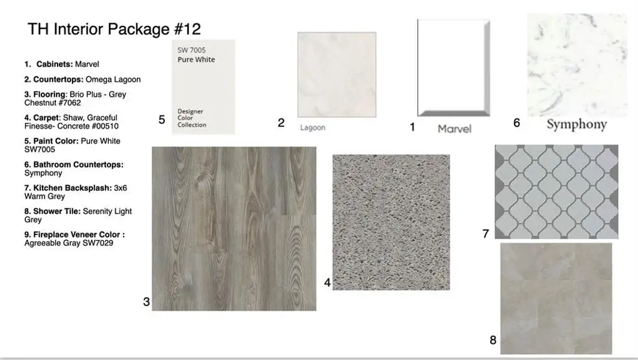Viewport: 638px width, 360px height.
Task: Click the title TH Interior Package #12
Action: coord(114,29)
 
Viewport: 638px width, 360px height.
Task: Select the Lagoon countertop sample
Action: coord(337,74)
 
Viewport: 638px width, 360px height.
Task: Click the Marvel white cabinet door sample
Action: coord(454,68)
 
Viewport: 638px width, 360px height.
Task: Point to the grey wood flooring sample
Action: coord(234,229)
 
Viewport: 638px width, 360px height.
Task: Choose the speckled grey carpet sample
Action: coord(391,222)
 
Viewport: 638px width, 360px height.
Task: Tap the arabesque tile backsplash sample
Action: coord(556,191)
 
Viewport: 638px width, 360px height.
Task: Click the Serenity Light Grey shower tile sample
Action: coord(556,298)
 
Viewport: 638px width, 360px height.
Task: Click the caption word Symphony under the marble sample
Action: coord(576,124)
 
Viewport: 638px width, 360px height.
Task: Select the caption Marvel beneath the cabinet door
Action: coord(454,128)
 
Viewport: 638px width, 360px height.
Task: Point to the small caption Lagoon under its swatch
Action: coord(313,128)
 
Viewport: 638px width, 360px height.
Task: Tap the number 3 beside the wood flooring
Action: coord(146,302)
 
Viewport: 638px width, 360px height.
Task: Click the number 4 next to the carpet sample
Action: coord(327,282)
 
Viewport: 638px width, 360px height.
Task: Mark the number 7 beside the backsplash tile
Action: coord(486,234)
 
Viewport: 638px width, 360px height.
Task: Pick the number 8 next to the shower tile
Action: coord(493,340)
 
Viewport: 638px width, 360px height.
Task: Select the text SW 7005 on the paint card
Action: coord(191,50)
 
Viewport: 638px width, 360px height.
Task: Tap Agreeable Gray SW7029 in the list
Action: coord(69,243)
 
